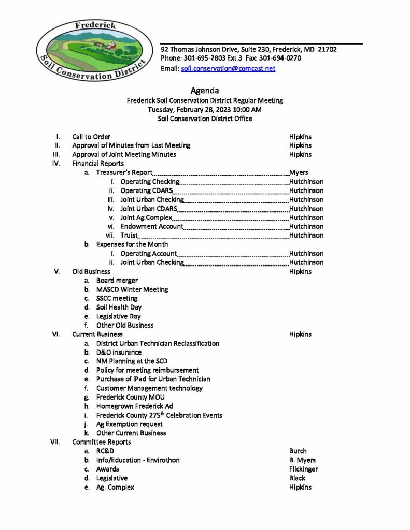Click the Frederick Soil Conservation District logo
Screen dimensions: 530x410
coord(93,50)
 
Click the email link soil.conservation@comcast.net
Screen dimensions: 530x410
coord(228,68)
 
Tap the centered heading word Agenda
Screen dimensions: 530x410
coord(205,91)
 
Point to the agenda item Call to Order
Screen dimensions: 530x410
coord(91,137)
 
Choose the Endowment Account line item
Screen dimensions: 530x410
coord(152,226)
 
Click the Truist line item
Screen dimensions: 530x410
coord(129,235)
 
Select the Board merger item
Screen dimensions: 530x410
coord(117,281)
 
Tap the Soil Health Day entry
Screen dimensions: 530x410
coord(119,307)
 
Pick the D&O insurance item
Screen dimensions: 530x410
coord(119,352)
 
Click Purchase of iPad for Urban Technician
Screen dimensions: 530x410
coord(153,379)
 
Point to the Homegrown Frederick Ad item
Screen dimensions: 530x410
coord(134,406)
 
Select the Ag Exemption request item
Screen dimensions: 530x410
coord(129,424)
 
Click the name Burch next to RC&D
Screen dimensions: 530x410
coord(298,451)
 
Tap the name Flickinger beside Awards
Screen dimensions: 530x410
coord(304,469)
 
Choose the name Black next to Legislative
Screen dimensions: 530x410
coord(297,478)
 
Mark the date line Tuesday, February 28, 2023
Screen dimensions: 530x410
coord(205,110)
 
